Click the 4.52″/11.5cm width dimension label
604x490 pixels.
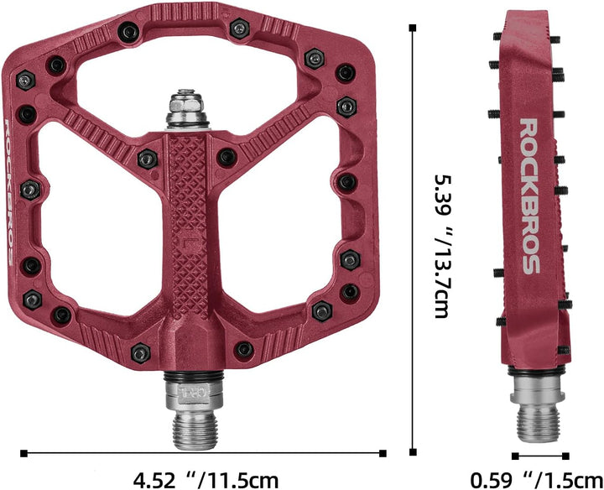coord(206,480)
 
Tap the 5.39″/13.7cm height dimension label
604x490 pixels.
coord(442,247)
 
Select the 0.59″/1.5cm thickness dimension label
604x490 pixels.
coord(537,480)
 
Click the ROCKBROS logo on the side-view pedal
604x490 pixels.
coord(529,196)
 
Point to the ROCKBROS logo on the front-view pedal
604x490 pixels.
coord(9,192)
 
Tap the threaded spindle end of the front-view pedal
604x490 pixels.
coord(194,429)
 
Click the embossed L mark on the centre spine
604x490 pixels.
coord(188,243)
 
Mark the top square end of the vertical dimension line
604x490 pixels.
coord(413,28)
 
